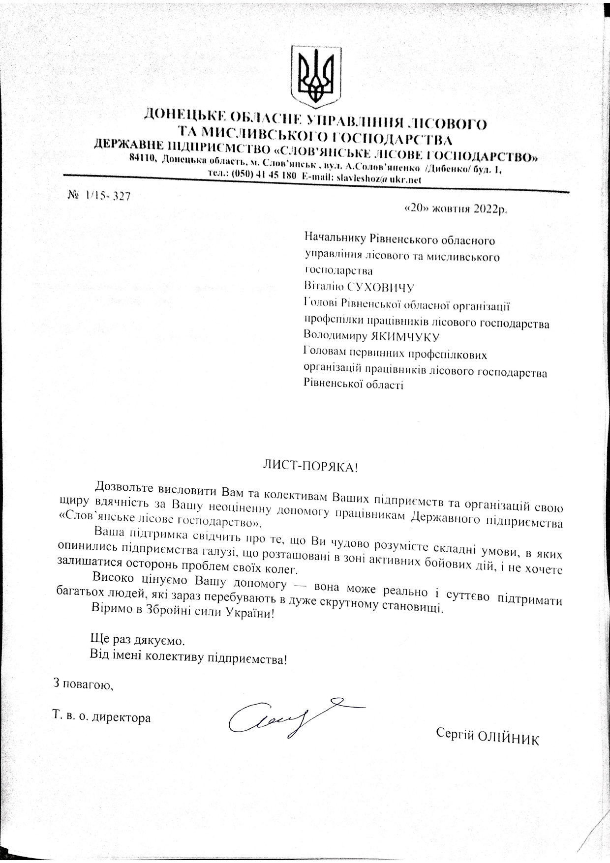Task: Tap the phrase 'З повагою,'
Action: tap(83, 684)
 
